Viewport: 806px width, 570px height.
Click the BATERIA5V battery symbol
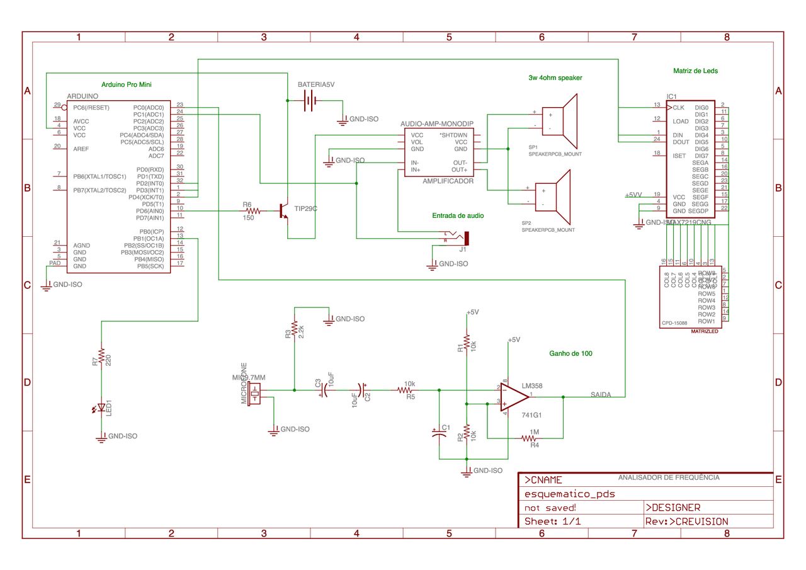point(309,100)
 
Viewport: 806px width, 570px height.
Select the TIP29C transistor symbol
point(284,211)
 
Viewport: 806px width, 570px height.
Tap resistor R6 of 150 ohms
point(249,211)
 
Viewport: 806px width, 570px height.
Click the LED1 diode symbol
point(101,409)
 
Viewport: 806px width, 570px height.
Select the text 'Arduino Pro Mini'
point(127,84)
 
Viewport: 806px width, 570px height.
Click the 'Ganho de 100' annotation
point(570,354)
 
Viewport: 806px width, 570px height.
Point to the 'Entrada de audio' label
point(458,215)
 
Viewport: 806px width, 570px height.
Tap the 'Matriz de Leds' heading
point(695,71)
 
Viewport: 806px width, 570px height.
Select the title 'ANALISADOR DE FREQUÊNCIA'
point(668,477)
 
